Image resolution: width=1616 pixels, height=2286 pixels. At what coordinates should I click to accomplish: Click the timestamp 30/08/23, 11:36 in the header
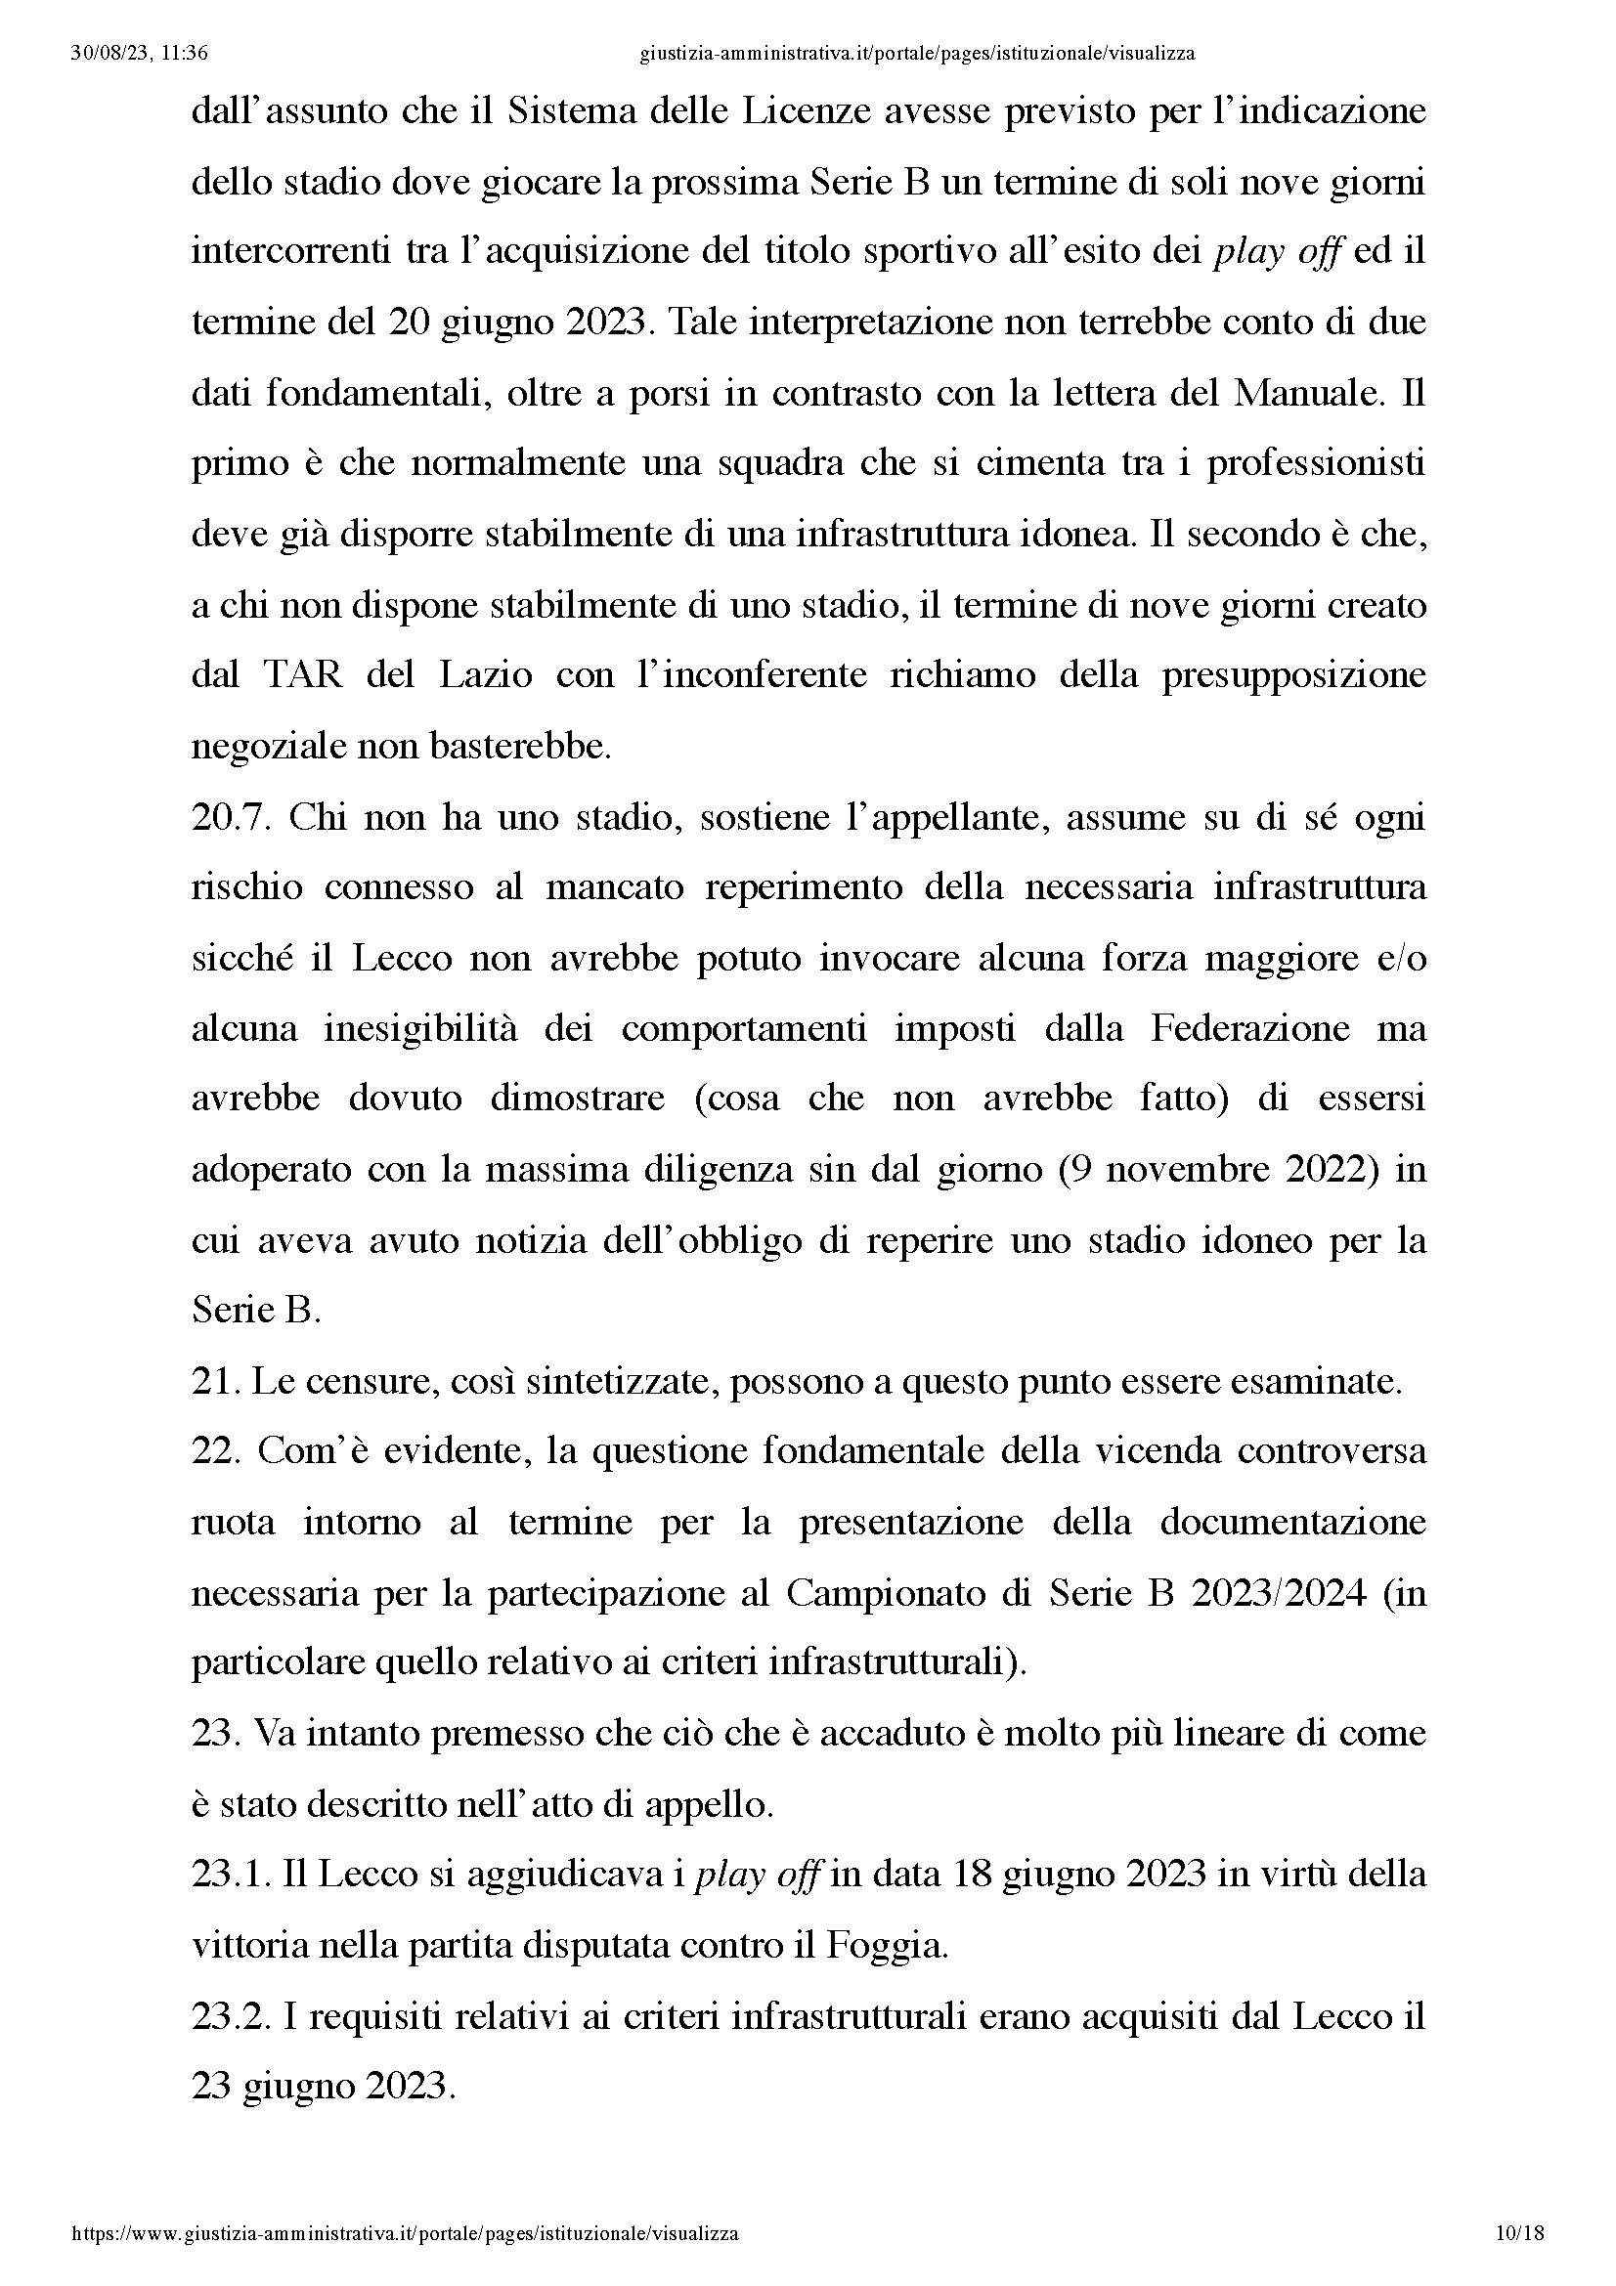click(x=140, y=54)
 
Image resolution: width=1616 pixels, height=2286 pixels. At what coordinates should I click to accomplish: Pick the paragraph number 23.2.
click(x=231, y=2015)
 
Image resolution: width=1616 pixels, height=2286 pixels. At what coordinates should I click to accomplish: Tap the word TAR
click(x=303, y=676)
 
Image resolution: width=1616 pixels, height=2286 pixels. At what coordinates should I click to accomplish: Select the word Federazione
click(x=1249, y=1027)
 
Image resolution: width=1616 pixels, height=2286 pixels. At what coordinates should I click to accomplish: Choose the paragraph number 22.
click(x=216, y=1451)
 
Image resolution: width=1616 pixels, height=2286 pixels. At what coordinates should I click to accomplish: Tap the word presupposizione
click(x=1293, y=676)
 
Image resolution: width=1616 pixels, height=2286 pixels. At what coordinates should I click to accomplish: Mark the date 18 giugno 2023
click(x=1078, y=1874)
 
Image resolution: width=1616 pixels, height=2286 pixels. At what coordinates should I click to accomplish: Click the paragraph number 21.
click(x=214, y=1381)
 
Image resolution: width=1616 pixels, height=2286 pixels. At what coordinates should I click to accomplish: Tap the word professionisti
click(x=1316, y=464)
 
